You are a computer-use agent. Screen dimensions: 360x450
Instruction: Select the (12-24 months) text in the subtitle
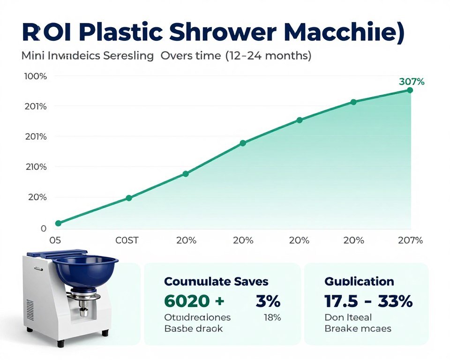click(x=268, y=56)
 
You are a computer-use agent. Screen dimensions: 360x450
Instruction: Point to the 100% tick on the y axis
click(x=35, y=76)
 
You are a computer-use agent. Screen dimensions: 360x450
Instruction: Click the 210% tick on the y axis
click(x=35, y=167)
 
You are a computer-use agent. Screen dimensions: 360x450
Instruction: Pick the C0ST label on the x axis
click(x=127, y=240)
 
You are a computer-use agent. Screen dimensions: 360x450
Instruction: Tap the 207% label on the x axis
click(x=410, y=240)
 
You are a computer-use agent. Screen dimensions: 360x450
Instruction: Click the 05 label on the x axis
click(x=55, y=240)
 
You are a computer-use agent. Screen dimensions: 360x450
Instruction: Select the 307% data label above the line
click(x=412, y=82)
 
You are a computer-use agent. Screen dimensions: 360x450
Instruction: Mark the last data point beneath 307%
click(x=410, y=90)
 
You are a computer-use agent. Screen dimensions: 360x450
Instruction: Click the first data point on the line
click(x=58, y=223)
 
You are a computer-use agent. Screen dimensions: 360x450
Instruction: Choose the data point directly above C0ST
click(x=129, y=198)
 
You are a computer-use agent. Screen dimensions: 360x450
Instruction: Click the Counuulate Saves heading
click(x=216, y=281)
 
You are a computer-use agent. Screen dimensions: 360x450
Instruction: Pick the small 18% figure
click(x=272, y=317)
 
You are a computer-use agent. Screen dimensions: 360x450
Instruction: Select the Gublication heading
click(x=359, y=281)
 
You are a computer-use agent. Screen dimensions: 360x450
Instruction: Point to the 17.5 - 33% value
click(x=368, y=301)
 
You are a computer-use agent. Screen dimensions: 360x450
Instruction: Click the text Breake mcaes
click(x=358, y=329)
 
